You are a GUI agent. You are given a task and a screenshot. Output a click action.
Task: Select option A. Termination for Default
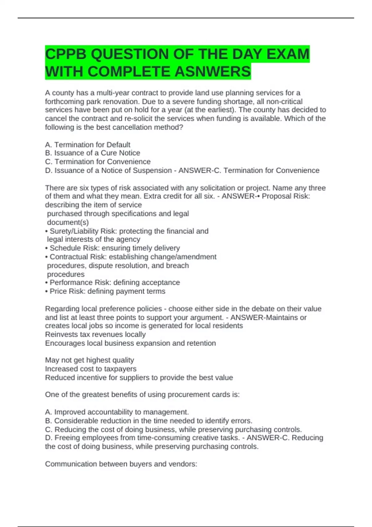pos(88,145)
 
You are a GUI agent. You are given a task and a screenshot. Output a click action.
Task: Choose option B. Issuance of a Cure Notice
pos(92,153)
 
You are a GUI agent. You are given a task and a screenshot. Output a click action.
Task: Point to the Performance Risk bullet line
pos(113,282)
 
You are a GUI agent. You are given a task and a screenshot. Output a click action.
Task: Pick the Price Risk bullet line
pos(105,291)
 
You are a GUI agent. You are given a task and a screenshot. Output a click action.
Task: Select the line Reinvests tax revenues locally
pos(95,334)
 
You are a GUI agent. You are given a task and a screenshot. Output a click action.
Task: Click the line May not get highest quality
pos(89,360)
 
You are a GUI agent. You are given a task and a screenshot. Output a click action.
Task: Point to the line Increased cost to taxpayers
pos(91,369)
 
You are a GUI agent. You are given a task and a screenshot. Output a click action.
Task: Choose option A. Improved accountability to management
pos(117,412)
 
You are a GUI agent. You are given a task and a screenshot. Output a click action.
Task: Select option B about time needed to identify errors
pos(148,421)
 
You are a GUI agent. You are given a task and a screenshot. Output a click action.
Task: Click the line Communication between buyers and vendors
pos(121,464)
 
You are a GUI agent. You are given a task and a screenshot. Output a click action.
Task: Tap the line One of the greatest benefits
pos(142,395)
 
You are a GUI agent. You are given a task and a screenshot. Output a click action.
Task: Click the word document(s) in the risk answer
pos(68,222)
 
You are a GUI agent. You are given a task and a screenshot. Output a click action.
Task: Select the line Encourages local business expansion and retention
pos(130,343)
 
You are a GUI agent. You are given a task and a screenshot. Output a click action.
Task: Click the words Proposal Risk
pos(286,196)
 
